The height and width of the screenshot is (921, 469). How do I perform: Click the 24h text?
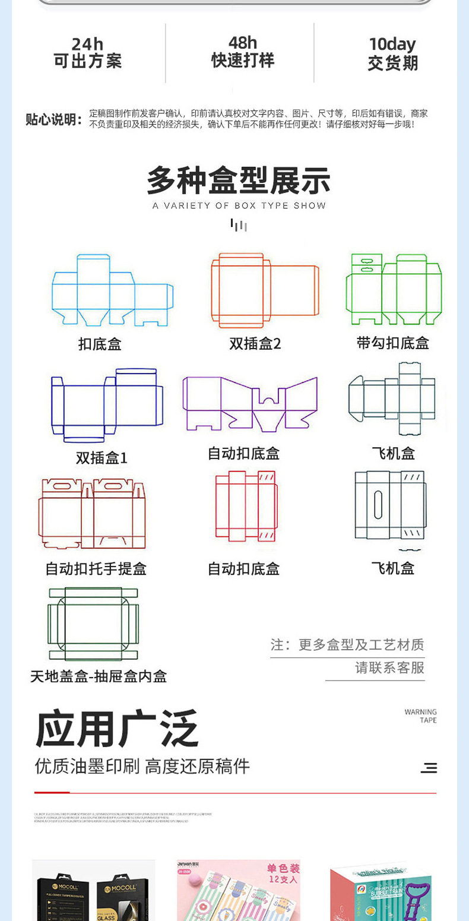(x=87, y=45)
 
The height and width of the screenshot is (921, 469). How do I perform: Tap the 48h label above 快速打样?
(x=243, y=43)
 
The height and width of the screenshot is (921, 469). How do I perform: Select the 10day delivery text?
(x=392, y=45)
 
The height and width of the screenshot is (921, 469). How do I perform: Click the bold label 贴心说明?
(x=53, y=119)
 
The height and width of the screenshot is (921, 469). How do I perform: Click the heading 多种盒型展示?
(x=239, y=181)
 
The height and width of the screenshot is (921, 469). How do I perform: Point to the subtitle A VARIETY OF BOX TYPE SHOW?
(x=239, y=205)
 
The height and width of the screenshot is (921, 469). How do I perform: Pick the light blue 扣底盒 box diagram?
(x=112, y=291)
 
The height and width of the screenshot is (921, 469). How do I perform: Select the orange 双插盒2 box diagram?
(x=265, y=290)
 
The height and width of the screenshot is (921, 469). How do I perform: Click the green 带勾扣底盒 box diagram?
(x=394, y=289)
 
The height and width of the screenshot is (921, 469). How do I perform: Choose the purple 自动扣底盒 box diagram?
(x=250, y=404)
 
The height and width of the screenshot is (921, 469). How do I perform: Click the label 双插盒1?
(x=102, y=458)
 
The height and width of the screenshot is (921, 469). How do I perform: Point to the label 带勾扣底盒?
(x=392, y=343)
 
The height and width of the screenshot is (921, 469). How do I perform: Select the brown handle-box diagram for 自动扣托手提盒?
(x=92, y=514)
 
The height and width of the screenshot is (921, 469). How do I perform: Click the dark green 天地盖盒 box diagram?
(x=93, y=624)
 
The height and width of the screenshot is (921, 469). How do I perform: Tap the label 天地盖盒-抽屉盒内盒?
(x=99, y=676)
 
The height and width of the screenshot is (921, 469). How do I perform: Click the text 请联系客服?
(x=389, y=667)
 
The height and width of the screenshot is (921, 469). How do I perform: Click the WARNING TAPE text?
(x=420, y=716)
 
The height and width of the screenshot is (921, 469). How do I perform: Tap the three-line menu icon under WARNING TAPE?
(x=429, y=768)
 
